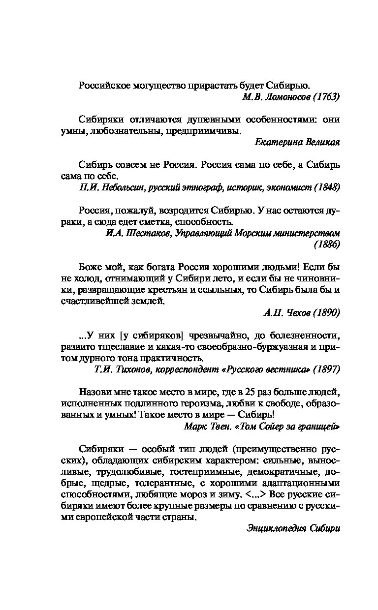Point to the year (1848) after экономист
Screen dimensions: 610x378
click(x=326, y=187)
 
